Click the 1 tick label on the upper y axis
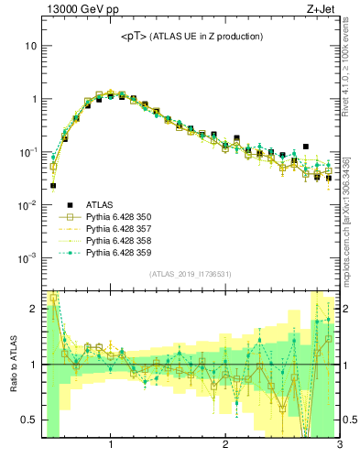(33, 99)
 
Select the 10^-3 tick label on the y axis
(26, 259)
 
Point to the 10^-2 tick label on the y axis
(26, 205)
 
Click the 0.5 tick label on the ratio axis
(28, 420)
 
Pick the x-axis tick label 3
(339, 446)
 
